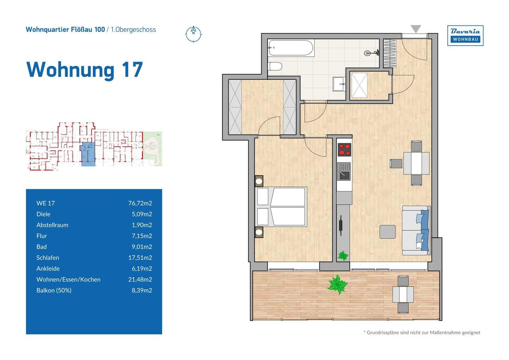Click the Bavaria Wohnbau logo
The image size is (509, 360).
pos(465,35)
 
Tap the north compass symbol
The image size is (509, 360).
pos(193,34)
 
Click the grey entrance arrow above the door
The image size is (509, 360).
pos(416,29)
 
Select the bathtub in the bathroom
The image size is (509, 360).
pos(291,48)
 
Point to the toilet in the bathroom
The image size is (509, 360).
pos(276,66)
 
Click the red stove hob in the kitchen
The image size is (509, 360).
pos(344,149)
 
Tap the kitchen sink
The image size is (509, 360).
pos(344,171)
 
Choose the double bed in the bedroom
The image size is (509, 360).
pos(281,207)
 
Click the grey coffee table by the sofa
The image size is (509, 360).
pos(387,232)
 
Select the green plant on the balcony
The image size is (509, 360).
pos(338,284)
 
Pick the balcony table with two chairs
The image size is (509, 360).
pos(403,294)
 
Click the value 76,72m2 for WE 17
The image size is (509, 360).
pos(140,203)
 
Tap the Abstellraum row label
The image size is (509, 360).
pos(52,225)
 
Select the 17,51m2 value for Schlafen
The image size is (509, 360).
pos(140,257)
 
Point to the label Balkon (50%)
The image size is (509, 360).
pos(54,290)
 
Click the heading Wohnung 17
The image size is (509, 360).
pos(84,69)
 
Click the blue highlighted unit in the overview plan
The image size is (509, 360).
pos(88,155)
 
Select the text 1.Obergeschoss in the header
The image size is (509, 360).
pos(133,30)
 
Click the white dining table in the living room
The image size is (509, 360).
pos(416,163)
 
